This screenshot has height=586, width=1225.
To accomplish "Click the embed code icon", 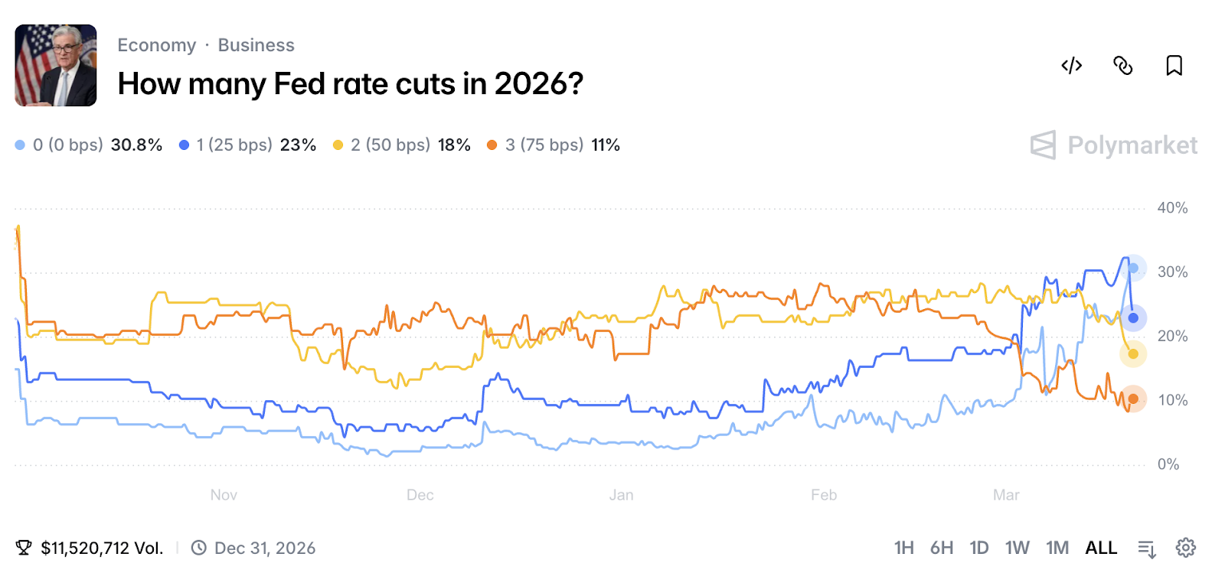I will coord(1071,66).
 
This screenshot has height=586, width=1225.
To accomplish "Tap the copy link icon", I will coord(1122,66).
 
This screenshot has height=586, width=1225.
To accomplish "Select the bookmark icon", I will coord(1174,66).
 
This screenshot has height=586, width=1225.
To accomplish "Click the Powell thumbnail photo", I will coord(56,66).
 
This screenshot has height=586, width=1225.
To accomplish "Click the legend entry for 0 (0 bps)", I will coord(88,145).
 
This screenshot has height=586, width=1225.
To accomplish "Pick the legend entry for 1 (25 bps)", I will coord(247,145).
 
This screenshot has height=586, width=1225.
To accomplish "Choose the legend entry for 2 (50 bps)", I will coord(401,145).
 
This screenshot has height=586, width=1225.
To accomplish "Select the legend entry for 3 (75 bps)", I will coord(553,145).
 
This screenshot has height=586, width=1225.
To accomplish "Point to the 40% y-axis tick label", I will coord(1172,208).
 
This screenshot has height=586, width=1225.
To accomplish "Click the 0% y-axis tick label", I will coord(1168,464).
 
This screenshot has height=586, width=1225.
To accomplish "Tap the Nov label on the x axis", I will coord(224,495).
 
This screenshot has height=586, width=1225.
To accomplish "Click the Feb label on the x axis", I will coord(824,495).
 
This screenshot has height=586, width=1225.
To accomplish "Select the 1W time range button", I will coord(1017,548).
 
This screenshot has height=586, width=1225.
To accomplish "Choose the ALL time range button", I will coord(1101,548).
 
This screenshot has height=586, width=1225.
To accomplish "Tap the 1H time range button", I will coord(903,548).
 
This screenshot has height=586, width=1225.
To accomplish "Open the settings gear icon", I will coord(1186,548).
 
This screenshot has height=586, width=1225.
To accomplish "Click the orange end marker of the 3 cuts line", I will coord(1133,399).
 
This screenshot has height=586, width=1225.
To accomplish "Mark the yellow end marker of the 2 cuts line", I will coord(1133,353).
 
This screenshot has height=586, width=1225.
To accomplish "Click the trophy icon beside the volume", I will coord(24,548).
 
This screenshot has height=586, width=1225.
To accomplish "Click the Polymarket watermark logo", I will coord(1114,145).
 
